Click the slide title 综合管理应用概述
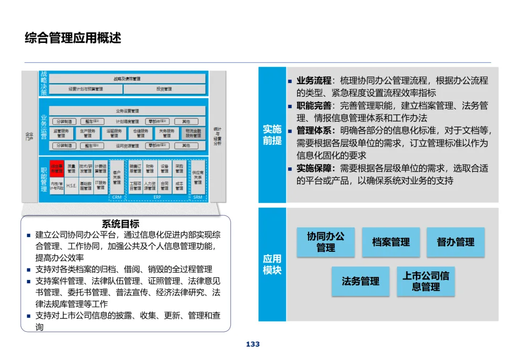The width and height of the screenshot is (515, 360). pos(73,38)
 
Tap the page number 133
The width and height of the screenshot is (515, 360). pos(253,344)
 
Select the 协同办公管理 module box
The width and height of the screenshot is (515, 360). pos(326,242)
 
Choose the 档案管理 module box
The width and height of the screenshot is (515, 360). pos(391,242)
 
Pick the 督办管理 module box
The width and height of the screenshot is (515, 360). pos(455,242)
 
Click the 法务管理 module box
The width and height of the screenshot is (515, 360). pos(360,281)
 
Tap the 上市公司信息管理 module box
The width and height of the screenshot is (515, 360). pos(426,281)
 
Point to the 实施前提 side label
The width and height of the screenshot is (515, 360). pos(272,134)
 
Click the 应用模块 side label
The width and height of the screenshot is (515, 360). pos(272,264)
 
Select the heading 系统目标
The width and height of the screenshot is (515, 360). pos(121,224)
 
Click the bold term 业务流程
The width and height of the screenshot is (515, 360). pos(314,81)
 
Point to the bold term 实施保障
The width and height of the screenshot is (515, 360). pos(314,168)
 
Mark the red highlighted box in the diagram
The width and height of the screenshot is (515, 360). pos(57,167)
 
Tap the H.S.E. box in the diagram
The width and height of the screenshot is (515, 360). pos(72,185)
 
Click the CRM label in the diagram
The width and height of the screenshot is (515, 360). pos(117,197)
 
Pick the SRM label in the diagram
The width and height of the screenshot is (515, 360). pos(198,197)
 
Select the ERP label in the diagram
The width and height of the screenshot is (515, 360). pos(157,197)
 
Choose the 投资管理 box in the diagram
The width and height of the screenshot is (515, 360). pos(165,89)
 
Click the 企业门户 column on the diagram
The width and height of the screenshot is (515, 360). pos(30,136)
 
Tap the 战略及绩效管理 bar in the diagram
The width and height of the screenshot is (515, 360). pos(127,79)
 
